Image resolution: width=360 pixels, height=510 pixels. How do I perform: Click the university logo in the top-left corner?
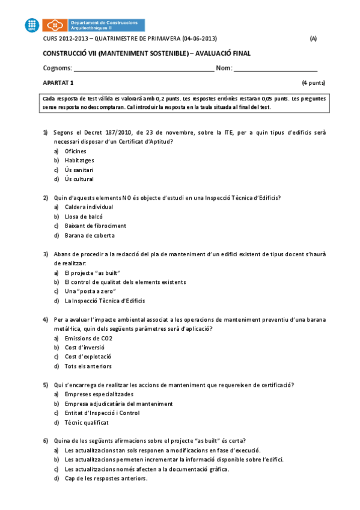(x=33, y=25)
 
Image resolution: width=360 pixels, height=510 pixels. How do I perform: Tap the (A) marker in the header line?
(x=313, y=39)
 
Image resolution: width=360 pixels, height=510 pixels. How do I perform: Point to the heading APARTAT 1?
(x=58, y=82)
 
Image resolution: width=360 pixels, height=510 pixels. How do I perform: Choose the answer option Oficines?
(x=75, y=151)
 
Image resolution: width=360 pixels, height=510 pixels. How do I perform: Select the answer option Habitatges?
(x=79, y=161)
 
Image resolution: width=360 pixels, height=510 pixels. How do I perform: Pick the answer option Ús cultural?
(x=79, y=179)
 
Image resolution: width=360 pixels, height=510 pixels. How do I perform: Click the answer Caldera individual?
(x=88, y=207)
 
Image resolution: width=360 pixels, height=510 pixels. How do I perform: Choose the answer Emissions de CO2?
(x=88, y=338)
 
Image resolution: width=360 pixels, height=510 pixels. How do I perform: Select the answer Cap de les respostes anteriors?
(x=105, y=479)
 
